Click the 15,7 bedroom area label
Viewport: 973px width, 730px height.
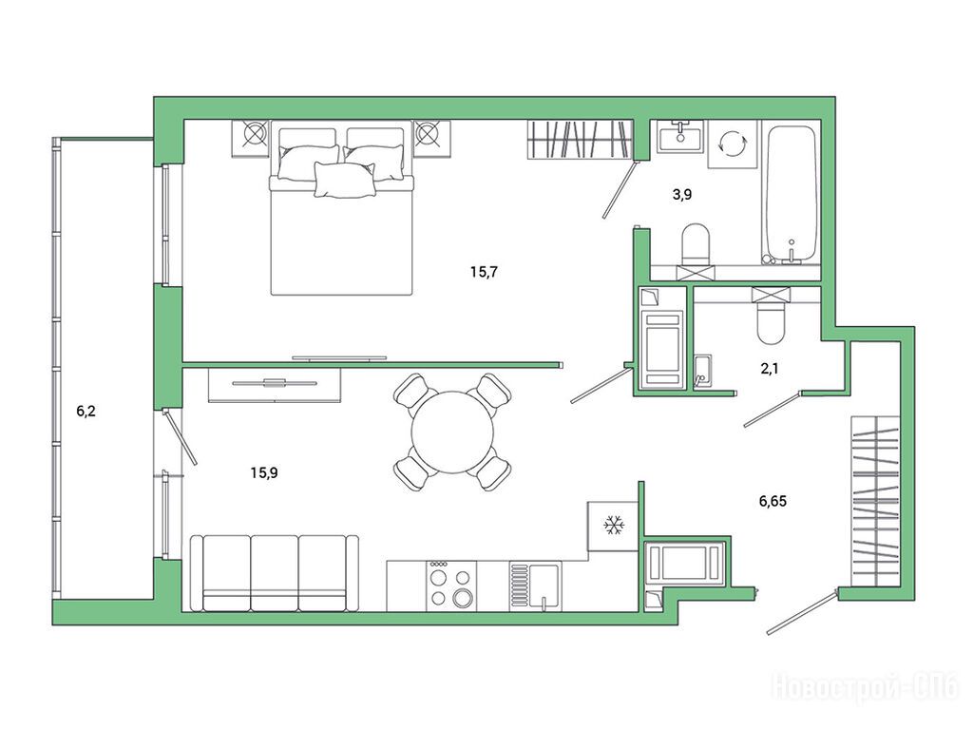(x=484, y=272)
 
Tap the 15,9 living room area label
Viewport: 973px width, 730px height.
(x=264, y=473)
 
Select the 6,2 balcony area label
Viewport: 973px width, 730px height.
(x=86, y=411)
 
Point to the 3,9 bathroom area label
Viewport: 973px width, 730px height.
(x=682, y=194)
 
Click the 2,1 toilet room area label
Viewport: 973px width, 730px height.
(x=770, y=369)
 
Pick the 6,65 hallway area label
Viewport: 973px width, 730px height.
(x=773, y=501)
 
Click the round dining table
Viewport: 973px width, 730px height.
(x=452, y=432)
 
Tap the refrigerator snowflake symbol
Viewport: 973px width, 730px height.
(x=614, y=526)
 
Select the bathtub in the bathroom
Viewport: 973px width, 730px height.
(x=791, y=195)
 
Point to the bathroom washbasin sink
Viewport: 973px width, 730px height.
(x=680, y=136)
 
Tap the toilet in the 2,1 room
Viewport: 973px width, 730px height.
(x=772, y=322)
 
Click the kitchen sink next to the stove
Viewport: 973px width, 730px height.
(x=536, y=586)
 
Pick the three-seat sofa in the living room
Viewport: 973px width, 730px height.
(x=275, y=573)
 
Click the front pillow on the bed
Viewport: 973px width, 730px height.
(x=345, y=180)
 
